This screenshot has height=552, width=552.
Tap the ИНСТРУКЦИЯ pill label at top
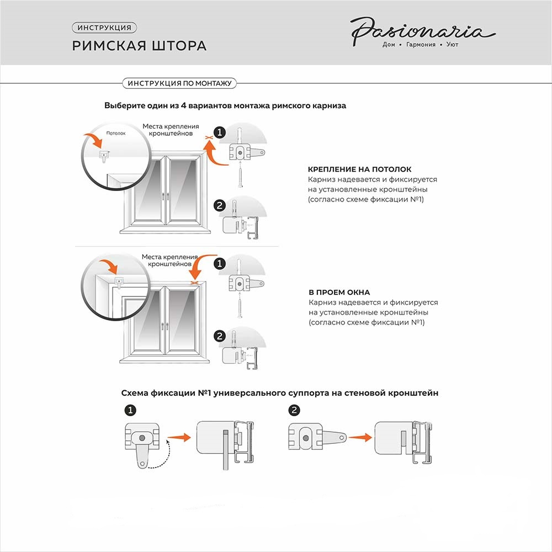(104, 28)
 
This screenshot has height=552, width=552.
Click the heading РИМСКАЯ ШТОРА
(139, 45)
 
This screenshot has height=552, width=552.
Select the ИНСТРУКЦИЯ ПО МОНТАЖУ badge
(179, 83)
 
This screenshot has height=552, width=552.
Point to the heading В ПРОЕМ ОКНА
(339, 292)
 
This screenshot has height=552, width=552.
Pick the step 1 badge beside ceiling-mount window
(220, 132)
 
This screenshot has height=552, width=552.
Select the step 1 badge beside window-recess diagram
(220, 264)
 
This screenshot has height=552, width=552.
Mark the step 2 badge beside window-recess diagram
(220, 336)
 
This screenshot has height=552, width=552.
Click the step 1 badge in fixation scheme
(131, 410)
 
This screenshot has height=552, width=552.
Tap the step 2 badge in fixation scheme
(294, 410)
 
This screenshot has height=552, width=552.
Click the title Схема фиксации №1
(280, 393)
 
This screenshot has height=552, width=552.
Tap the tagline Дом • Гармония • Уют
(420, 45)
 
